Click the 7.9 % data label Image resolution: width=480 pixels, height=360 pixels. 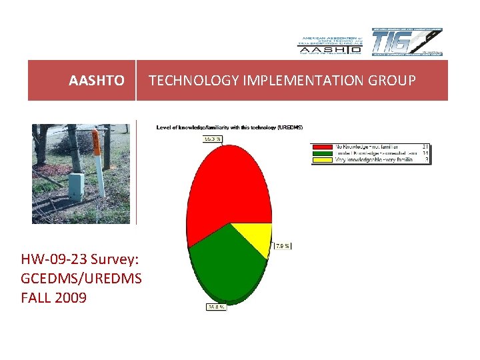pyautogui.click(x=283, y=246)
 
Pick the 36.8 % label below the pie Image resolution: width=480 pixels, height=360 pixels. pyautogui.click(x=215, y=307)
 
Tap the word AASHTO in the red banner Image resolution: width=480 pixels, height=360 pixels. pyautogui.click(x=97, y=81)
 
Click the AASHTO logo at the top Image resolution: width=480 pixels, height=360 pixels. pyautogui.click(x=329, y=44)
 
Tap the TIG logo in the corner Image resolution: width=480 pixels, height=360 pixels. pyautogui.click(x=407, y=43)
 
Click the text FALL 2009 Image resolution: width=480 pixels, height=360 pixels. pyautogui.click(x=54, y=297)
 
